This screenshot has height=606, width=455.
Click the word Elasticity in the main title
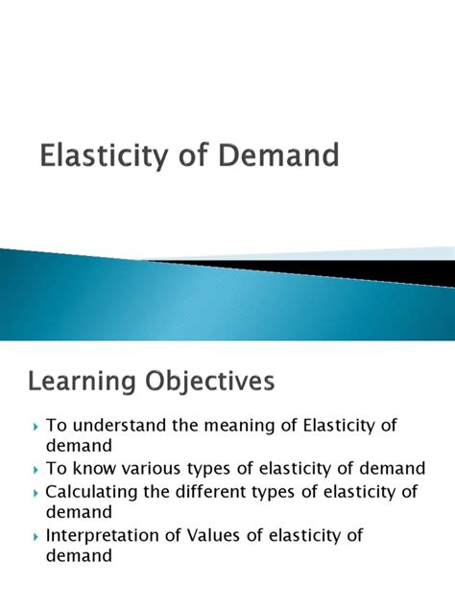[x=104, y=155]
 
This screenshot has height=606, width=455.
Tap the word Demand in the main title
[x=278, y=154]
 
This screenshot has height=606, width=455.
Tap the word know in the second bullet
[x=94, y=468]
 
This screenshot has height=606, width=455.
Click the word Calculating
[x=91, y=493]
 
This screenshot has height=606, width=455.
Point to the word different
[x=210, y=492]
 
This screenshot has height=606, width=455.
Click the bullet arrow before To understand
[x=36, y=427]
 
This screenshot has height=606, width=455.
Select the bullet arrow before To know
[x=36, y=470]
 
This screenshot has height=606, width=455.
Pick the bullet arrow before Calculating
[x=36, y=494]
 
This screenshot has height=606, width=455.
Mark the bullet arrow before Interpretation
[x=36, y=537]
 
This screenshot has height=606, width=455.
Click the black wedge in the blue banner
[x=348, y=270]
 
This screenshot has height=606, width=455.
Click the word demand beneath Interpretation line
[x=79, y=555]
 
